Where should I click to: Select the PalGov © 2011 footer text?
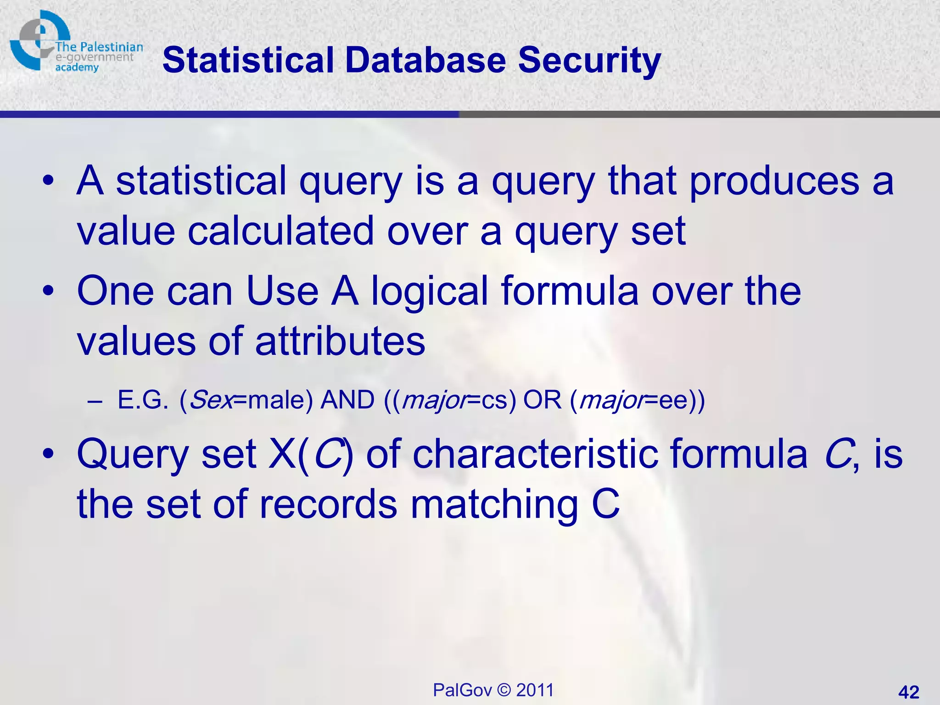click(493, 690)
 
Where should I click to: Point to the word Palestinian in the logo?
click(111, 47)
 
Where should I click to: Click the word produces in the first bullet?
click(774, 181)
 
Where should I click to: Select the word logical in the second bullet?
click(429, 291)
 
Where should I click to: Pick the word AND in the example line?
click(347, 399)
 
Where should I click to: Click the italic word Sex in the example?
click(210, 399)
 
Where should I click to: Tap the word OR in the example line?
click(542, 399)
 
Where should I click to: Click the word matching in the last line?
click(493, 504)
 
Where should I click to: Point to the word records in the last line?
click(328, 504)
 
